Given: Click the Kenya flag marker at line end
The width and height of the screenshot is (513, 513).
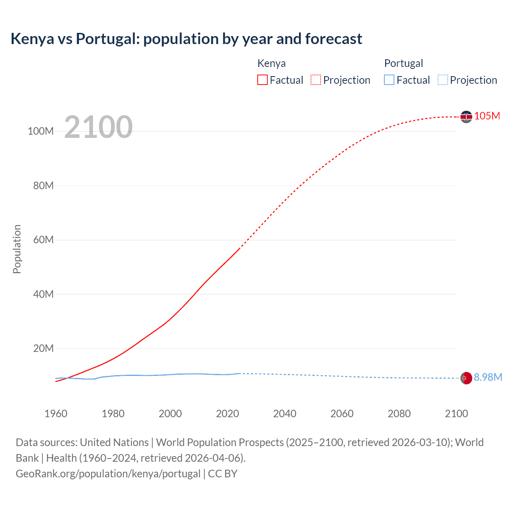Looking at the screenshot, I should pos(466,117).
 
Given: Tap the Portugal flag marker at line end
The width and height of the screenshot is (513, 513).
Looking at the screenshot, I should pos(466,378).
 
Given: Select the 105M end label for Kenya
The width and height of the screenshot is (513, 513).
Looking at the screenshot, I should pos(487,116).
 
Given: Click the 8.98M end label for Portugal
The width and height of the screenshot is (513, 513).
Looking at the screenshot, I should pos(488,378).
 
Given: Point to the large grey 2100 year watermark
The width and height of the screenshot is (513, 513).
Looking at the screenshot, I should pos(98,127).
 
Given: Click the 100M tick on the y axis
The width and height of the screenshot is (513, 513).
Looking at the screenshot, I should pos(40,131).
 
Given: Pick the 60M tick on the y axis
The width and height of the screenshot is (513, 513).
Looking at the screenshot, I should pos(43,240).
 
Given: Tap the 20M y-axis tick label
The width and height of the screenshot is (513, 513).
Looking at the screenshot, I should pos(43,349).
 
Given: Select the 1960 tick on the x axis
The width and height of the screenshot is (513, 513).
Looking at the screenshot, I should pos(56,414).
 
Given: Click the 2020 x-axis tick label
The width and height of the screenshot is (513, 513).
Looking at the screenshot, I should pos(227,414).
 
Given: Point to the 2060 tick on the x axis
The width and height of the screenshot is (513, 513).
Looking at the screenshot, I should pos(342,414).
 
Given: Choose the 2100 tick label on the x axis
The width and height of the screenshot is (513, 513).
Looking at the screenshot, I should pos(456,414).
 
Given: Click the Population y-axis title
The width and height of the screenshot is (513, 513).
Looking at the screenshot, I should pos(17,249).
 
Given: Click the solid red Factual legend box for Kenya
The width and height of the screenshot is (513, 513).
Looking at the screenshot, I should pos(262,80).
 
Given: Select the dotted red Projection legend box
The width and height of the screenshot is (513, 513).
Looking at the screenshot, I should pos(316,80).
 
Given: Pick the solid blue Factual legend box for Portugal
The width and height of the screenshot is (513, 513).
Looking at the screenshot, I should pos(389,80).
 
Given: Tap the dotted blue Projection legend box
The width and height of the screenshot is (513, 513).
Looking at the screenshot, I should pos(443,80).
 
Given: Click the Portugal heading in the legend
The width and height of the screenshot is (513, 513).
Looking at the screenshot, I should pos(404,63).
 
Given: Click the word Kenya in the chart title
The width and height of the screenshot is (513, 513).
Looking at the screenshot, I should pos(32,39).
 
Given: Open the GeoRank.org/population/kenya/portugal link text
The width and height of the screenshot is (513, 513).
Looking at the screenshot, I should pos(108,474).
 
